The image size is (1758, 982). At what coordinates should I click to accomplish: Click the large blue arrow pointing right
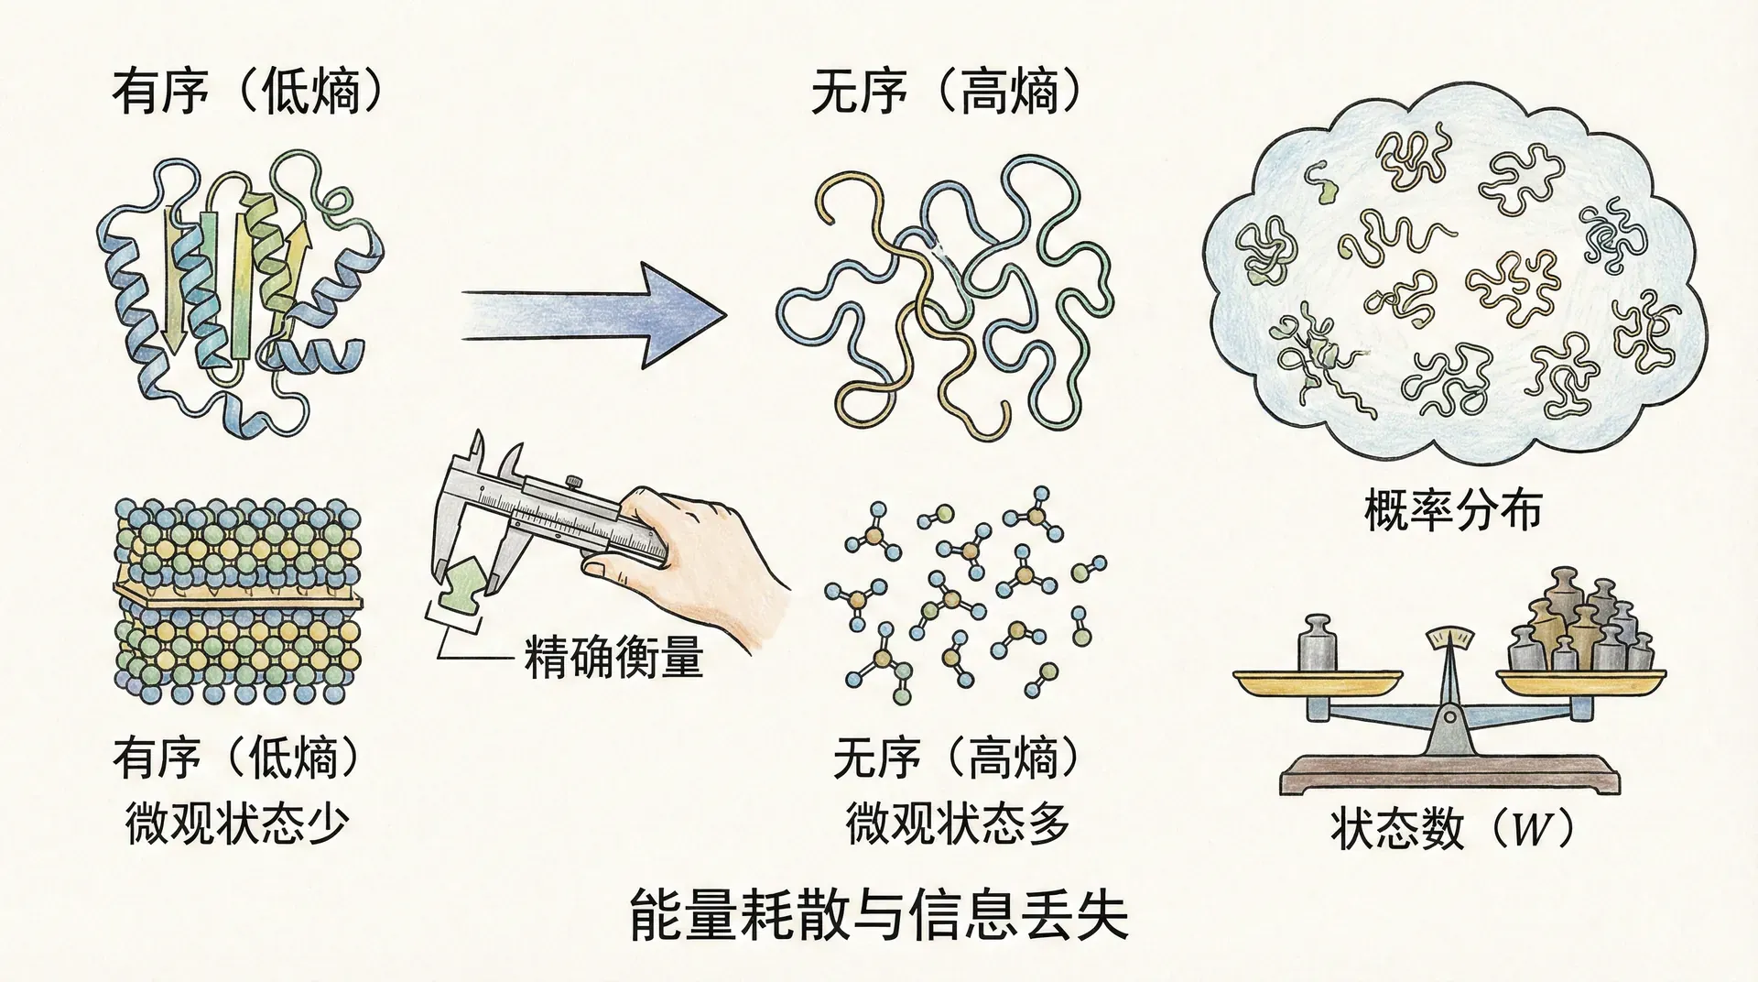[x=595, y=315]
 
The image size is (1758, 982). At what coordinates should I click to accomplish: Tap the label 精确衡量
[x=613, y=657]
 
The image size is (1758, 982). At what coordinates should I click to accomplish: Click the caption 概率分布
[x=1452, y=510]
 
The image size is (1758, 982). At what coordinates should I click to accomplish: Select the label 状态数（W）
[x=1452, y=830]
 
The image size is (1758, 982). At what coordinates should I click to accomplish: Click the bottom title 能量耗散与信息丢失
[x=879, y=916]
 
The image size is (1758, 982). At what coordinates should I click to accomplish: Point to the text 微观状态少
[x=237, y=824]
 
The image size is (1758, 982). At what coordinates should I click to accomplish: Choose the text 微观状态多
[x=958, y=824]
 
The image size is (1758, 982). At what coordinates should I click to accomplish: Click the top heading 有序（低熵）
[x=246, y=93]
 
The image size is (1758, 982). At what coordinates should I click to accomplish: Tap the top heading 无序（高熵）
[x=947, y=93]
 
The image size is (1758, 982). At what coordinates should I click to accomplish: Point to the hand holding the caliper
[x=696, y=568]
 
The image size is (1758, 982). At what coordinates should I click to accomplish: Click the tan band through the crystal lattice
[x=238, y=596]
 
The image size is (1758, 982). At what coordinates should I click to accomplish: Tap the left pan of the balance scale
[x=1318, y=682]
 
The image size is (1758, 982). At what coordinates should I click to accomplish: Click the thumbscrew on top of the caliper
[x=574, y=481]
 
